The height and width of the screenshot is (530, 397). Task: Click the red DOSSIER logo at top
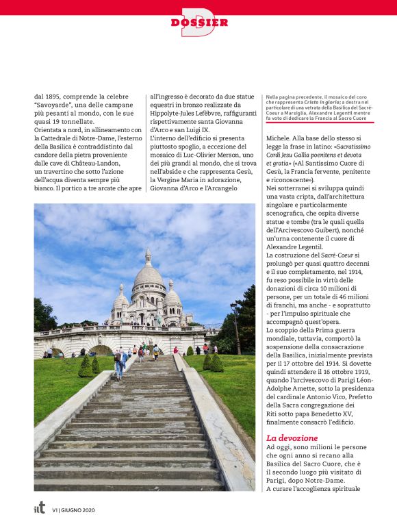198,23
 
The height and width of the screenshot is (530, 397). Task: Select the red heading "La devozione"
292,437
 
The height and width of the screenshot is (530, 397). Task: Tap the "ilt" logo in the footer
40,508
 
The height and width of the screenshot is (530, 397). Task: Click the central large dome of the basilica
148,275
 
